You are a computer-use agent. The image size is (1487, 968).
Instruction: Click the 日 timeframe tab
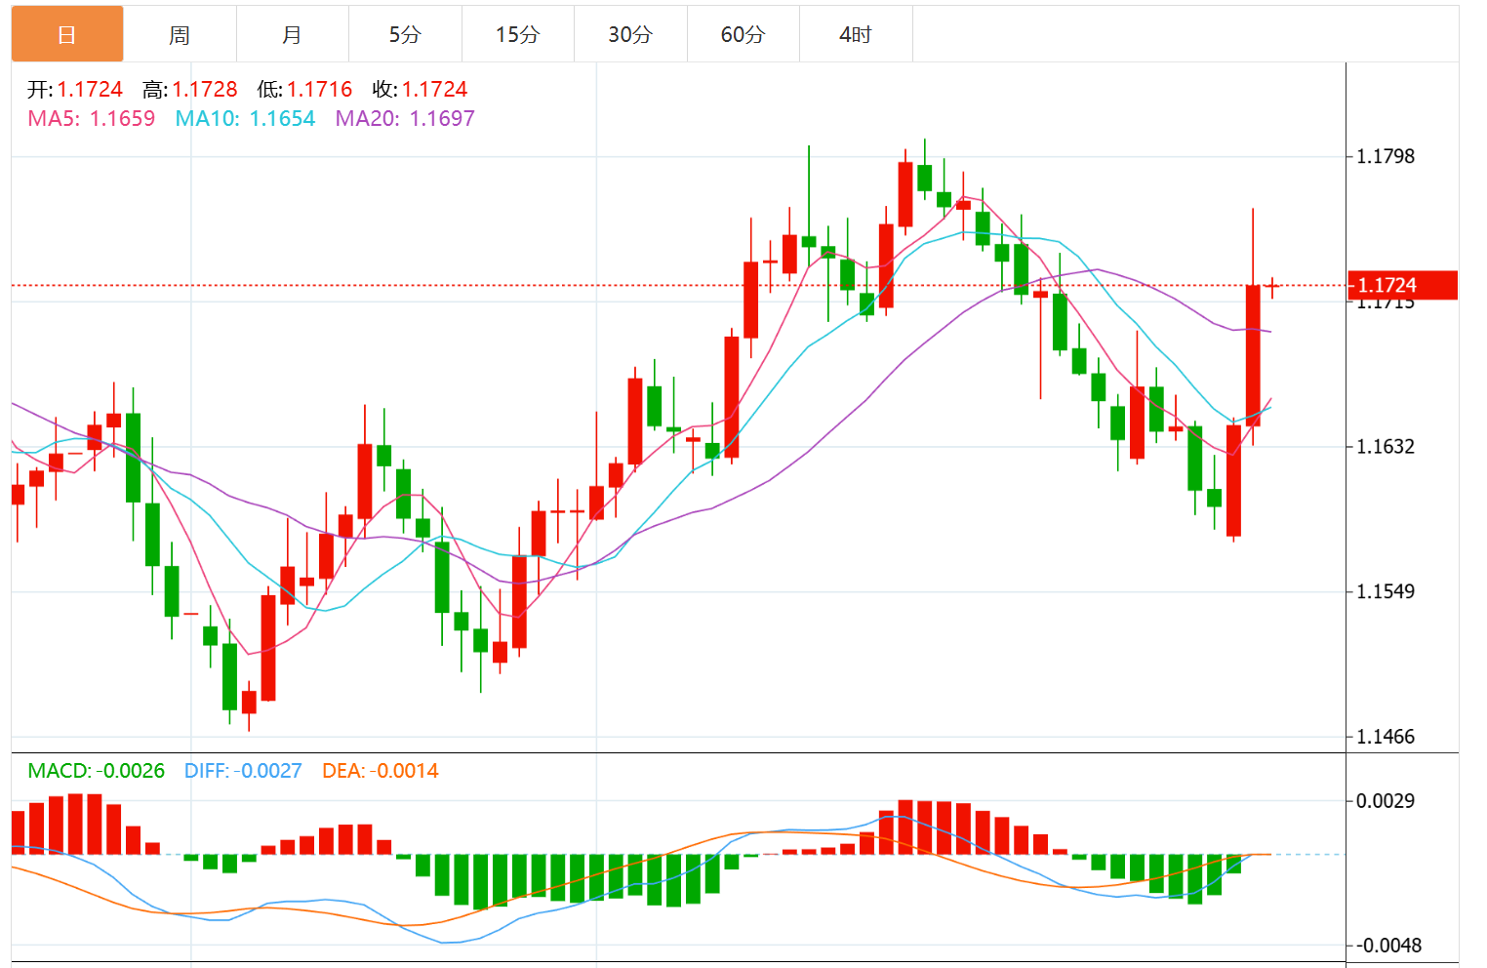(66, 34)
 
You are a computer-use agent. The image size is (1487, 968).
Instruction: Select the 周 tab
(180, 35)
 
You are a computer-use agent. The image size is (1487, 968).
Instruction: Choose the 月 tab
(292, 35)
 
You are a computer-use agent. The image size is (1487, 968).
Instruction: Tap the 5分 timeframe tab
(405, 35)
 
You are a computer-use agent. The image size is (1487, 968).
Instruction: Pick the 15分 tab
(517, 35)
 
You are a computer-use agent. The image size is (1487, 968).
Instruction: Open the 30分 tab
(630, 35)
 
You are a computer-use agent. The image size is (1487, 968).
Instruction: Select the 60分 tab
(743, 35)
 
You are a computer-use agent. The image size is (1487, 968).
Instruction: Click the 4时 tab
(856, 35)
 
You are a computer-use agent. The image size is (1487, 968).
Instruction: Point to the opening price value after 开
(90, 90)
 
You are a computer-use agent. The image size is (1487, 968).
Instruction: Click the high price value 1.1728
(205, 90)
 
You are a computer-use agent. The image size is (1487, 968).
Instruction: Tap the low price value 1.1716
(319, 90)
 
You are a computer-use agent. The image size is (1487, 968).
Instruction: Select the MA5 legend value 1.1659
(122, 119)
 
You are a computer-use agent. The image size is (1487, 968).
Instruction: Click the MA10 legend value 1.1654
(282, 119)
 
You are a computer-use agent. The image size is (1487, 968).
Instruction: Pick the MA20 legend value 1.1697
(442, 119)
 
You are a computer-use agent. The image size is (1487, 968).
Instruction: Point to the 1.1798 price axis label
(1386, 156)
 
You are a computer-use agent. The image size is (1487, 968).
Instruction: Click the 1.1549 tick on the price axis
(1386, 591)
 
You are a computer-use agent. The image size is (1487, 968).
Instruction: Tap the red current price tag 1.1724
(1401, 285)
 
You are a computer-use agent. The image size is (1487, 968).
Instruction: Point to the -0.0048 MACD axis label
(1389, 946)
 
